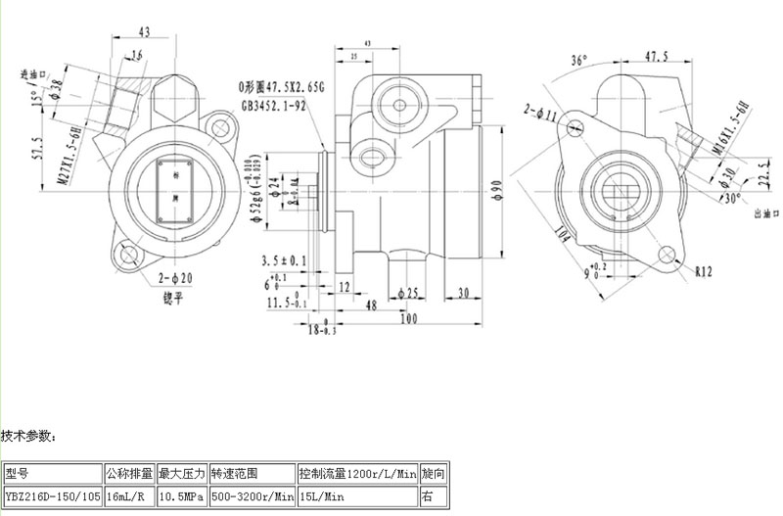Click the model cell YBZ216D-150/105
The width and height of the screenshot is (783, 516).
53,496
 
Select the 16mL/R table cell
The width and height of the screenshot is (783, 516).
129,496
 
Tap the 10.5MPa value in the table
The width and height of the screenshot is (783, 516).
181,496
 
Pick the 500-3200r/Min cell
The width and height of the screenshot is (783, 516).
252,496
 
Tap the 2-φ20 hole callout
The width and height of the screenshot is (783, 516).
173,278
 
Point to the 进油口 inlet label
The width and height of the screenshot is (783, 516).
36,74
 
